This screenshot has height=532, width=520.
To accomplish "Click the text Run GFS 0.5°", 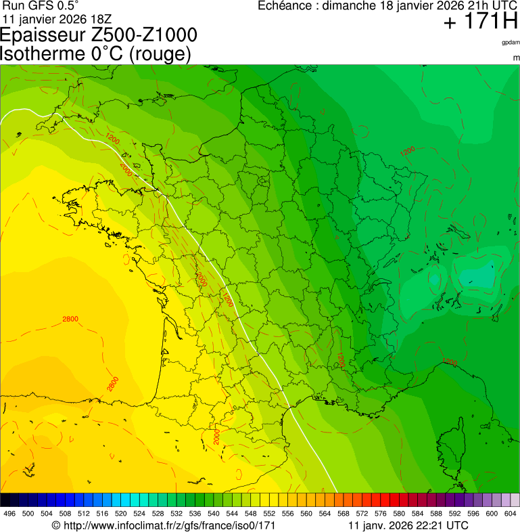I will (x=41, y=6).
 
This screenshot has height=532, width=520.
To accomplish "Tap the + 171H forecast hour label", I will (x=481, y=22).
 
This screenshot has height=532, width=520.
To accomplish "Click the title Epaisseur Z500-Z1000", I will (x=99, y=35).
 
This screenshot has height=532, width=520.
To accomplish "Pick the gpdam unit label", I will (x=511, y=42).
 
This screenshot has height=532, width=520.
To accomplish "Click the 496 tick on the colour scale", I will (x=9, y=514).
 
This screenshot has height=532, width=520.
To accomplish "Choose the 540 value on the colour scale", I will (x=212, y=514).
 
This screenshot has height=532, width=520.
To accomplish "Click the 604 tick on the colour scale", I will (x=510, y=514).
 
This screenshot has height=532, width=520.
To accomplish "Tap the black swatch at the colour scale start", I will (x=5, y=500).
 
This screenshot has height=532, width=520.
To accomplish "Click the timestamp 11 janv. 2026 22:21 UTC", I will (x=408, y=525).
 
